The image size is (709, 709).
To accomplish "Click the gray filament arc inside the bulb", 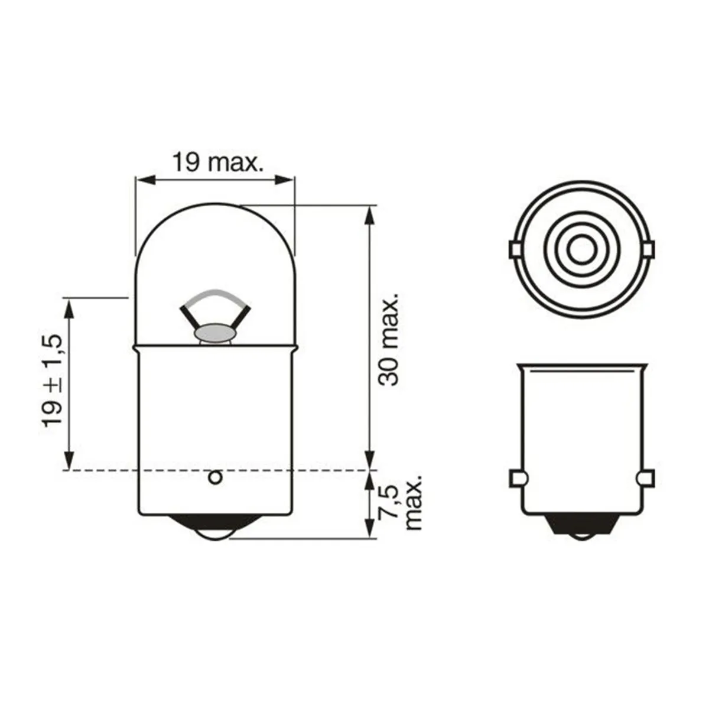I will coord(214,296).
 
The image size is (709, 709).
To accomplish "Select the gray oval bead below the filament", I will coord(215,334).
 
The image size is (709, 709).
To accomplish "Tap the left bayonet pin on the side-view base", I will coord(515,477).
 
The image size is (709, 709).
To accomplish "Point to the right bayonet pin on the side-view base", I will coord(646,477).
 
